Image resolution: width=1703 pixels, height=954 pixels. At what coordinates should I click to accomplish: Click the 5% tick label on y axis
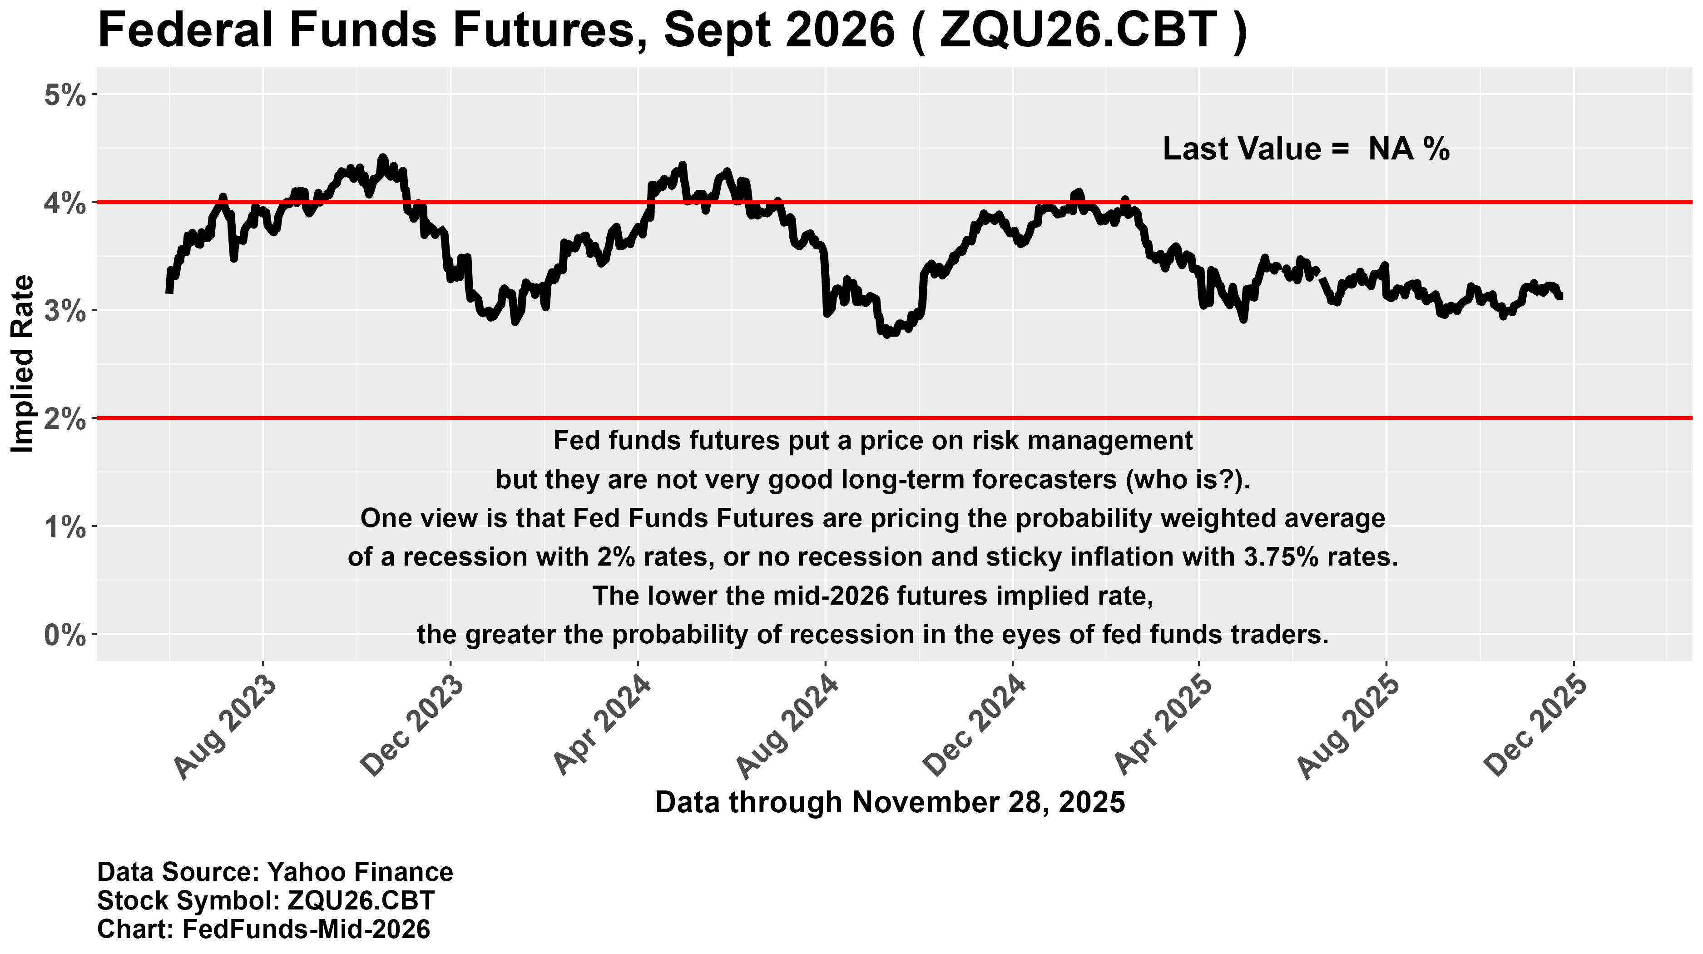click(65, 96)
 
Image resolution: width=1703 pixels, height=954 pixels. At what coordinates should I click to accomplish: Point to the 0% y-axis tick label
click(65, 636)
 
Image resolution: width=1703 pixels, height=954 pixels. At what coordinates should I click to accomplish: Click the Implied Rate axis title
click(24, 363)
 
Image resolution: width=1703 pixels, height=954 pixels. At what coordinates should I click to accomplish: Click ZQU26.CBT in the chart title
click(1078, 30)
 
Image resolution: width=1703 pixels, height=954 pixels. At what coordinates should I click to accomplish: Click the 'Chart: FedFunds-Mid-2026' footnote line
click(263, 929)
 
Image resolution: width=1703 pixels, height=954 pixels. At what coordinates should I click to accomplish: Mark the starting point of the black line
click(168, 291)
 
